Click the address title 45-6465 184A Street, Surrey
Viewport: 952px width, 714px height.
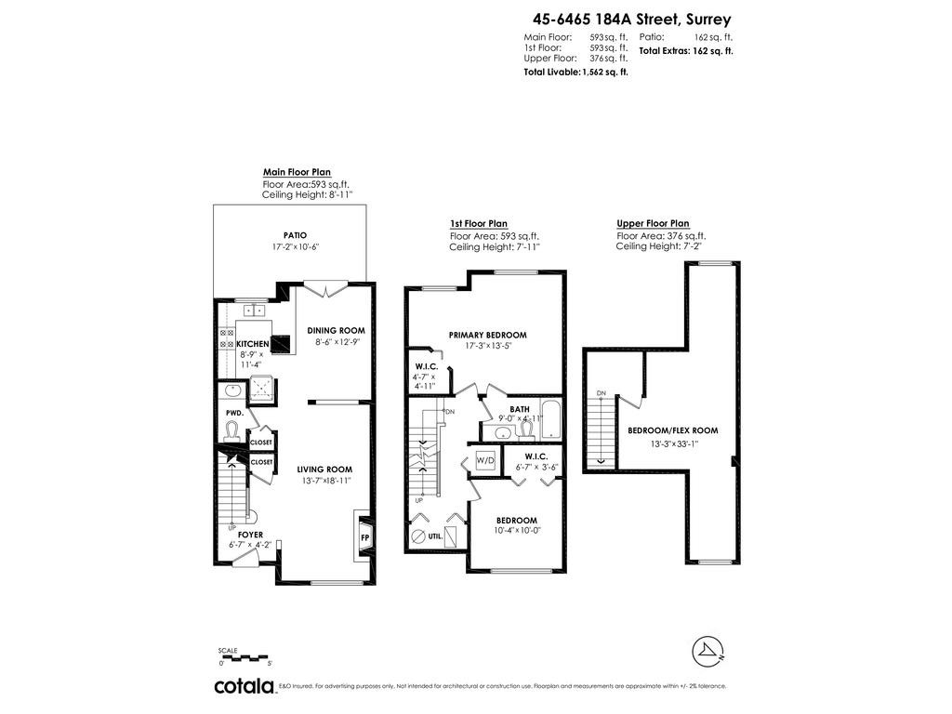point(631,18)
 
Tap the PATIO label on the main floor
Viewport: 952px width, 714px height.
point(295,235)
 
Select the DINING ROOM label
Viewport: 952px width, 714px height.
point(336,330)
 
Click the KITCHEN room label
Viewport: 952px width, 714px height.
point(253,344)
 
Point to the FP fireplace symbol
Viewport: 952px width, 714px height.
point(364,536)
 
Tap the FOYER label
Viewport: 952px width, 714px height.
point(250,535)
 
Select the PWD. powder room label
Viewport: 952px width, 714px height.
point(234,413)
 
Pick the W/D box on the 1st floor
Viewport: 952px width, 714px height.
point(485,460)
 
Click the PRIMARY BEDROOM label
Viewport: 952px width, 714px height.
point(487,335)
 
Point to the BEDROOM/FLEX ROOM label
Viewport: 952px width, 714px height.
point(672,430)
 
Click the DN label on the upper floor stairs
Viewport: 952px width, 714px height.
point(602,393)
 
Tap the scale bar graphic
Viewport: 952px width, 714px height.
point(245,657)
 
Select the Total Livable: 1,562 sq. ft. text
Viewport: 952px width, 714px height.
point(575,72)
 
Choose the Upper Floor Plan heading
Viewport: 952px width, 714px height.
point(653,223)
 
